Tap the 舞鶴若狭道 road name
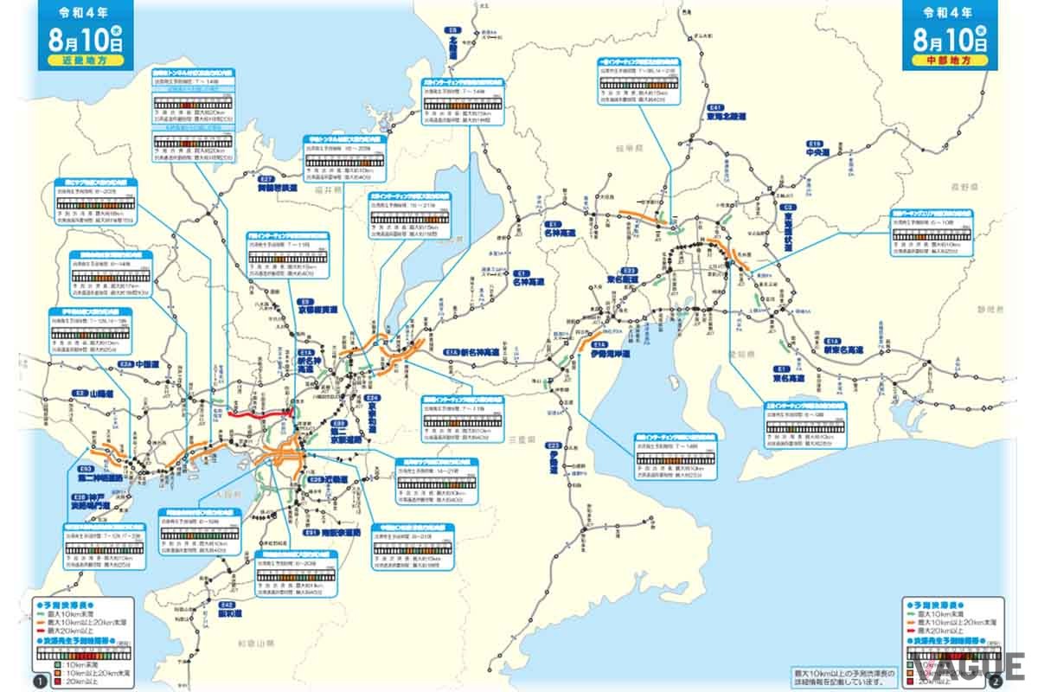pyautogui.click(x=277, y=186)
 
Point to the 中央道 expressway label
pyautogui.click(x=817, y=152)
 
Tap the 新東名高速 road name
pyautogui.click(x=844, y=347)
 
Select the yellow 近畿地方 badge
pyautogui.click(x=82, y=63)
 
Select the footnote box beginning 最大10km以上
pyautogui.click(x=844, y=676)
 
